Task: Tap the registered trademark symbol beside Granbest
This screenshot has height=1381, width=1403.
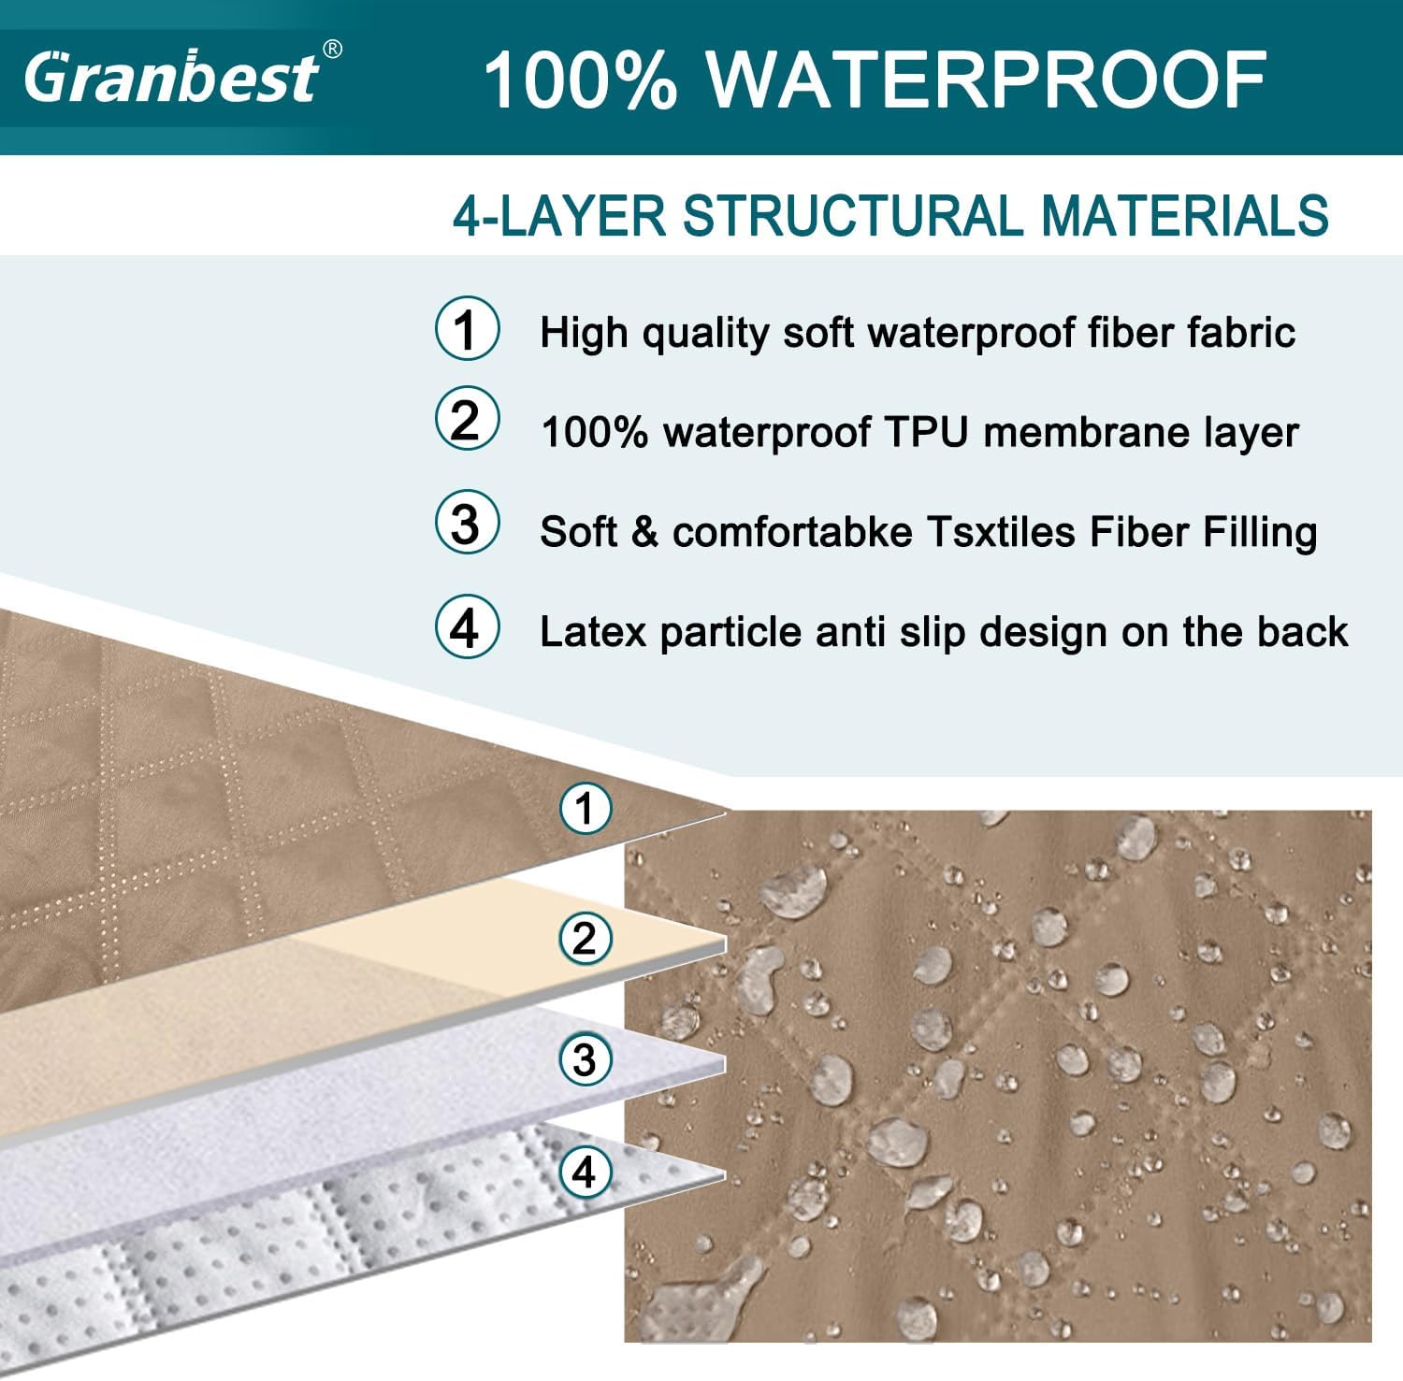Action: (332, 50)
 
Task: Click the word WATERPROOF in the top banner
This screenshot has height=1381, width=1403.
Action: (987, 79)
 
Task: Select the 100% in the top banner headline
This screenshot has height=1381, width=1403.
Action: (580, 79)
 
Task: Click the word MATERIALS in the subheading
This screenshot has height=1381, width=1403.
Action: (1185, 216)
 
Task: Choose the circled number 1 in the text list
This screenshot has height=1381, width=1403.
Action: (467, 328)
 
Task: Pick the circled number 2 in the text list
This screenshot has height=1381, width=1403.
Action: (467, 419)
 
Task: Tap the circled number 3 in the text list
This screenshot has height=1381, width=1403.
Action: (467, 523)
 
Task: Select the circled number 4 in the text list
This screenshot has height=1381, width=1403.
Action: (467, 627)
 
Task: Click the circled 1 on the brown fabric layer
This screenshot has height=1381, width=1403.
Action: (586, 808)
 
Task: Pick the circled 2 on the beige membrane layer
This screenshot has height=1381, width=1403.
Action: (586, 938)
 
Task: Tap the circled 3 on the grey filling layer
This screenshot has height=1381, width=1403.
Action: (586, 1059)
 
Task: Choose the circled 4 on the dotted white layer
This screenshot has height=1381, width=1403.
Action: (586, 1172)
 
